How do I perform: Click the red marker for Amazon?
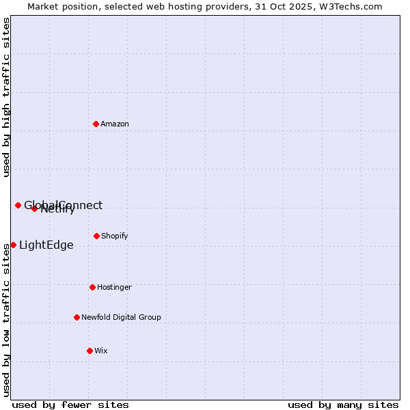click(96, 124)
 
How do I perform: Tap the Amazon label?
click(115, 124)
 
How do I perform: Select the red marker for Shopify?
click(96, 236)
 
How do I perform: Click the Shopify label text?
click(115, 236)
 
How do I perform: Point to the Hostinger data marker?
click(92, 287)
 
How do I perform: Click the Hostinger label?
click(114, 288)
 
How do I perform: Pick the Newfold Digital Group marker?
click(77, 317)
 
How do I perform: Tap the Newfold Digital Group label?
click(121, 317)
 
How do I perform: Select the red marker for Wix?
click(90, 351)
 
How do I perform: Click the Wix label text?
click(101, 351)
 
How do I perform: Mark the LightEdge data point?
click(13, 245)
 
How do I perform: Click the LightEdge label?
click(46, 245)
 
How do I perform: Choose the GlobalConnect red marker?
click(18, 205)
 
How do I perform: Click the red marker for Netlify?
click(34, 208)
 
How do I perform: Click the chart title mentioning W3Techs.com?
click(205, 7)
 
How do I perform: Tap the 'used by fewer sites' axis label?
click(70, 405)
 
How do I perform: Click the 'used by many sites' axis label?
click(343, 405)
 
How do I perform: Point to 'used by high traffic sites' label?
click(7, 97)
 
